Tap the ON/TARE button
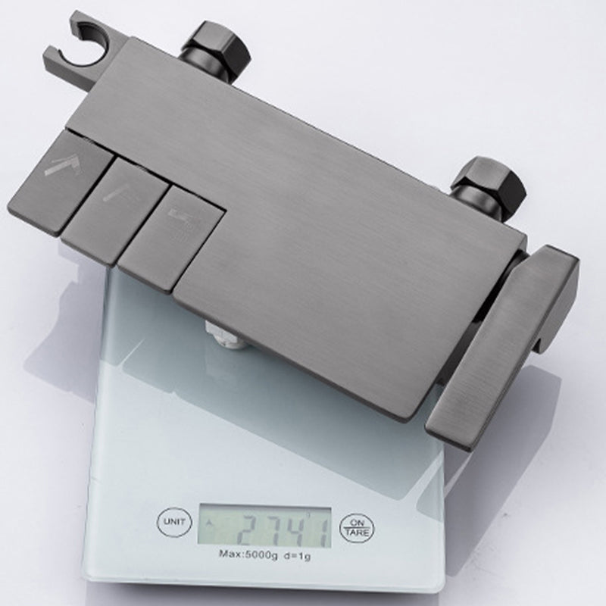pyautogui.click(x=357, y=528)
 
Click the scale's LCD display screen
pyautogui.click(x=264, y=527)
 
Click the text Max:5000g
pyautogui.click(x=248, y=555)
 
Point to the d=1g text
pyautogui.click(x=298, y=556)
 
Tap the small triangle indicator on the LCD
pyautogui.click(x=210, y=522)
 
